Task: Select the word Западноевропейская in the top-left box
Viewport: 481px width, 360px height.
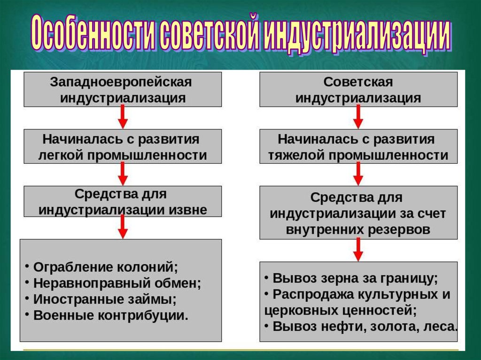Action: [121, 82]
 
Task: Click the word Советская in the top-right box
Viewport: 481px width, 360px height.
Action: [358, 82]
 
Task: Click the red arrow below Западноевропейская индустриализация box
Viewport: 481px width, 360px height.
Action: [123, 117]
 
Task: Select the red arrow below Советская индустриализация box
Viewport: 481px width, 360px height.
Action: [358, 117]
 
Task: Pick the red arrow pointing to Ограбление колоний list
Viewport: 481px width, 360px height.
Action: [123, 228]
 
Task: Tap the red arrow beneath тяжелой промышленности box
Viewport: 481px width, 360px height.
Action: [358, 175]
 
